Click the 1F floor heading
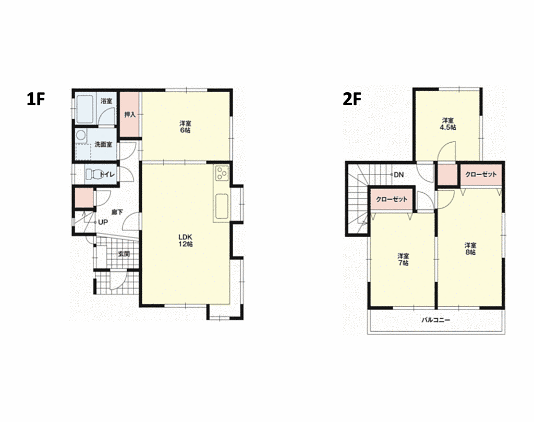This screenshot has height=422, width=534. (x=36, y=100)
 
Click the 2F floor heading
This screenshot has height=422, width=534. (x=352, y=100)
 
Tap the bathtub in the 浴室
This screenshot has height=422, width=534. (x=84, y=109)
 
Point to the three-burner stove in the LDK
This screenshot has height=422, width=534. (x=222, y=173)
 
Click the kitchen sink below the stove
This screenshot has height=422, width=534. (x=222, y=207)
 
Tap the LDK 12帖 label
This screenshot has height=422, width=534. (x=186, y=240)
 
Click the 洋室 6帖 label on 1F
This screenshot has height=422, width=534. (x=186, y=127)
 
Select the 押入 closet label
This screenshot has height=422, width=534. (x=130, y=115)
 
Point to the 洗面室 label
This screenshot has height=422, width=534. (x=103, y=145)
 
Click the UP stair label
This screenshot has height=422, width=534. (x=103, y=222)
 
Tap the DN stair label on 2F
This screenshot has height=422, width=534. (x=399, y=175)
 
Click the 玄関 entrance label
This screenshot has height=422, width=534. (x=124, y=254)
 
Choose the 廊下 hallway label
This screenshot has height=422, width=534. (x=117, y=213)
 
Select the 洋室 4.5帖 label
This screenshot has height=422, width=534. (x=448, y=124)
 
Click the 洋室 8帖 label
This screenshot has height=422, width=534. (x=470, y=249)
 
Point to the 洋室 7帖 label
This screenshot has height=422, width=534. (x=403, y=259)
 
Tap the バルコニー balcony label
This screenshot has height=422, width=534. (x=436, y=320)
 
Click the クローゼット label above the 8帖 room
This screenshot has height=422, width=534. (x=481, y=175)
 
